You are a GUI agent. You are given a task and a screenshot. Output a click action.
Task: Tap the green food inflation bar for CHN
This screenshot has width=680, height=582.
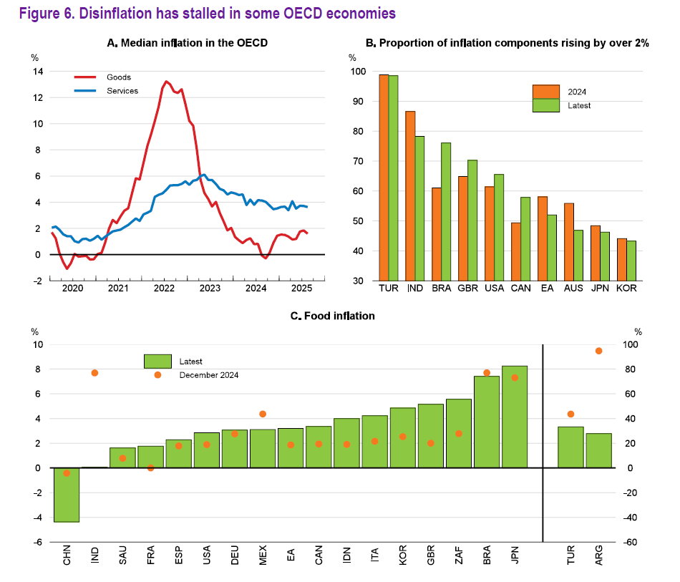tap(67, 495)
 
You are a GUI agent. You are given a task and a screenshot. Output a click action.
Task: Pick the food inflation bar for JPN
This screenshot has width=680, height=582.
tap(515, 417)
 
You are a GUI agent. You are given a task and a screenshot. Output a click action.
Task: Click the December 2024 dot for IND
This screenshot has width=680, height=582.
tap(94, 373)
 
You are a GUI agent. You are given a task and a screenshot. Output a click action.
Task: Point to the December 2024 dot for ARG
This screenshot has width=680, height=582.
tap(598, 351)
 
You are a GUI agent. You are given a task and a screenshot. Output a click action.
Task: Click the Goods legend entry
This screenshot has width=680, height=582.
tap(118, 77)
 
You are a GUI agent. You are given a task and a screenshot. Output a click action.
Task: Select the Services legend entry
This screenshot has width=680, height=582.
tap(122, 91)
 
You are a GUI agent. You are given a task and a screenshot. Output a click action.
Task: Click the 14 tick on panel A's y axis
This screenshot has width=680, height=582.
tap(37, 72)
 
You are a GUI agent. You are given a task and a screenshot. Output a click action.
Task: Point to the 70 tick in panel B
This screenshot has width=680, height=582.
tap(357, 162)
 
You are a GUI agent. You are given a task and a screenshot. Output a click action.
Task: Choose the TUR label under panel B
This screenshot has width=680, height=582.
tap(389, 289)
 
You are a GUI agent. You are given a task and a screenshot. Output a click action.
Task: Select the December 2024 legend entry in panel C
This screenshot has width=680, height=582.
tap(208, 375)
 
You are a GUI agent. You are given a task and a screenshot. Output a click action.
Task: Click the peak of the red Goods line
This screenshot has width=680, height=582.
tap(166, 82)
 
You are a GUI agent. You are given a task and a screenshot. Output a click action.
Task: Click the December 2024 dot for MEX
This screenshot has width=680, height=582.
tap(263, 414)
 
